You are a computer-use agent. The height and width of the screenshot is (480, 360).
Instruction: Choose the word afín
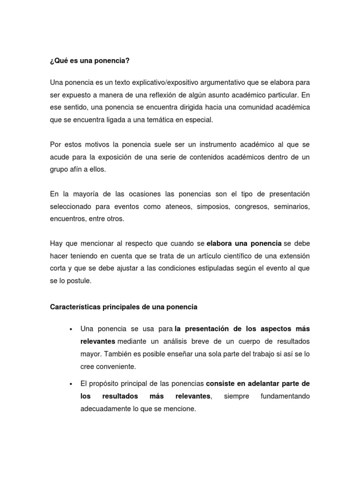click(x=78, y=169)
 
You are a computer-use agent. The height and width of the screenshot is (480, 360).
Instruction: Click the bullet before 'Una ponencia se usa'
click(x=70, y=329)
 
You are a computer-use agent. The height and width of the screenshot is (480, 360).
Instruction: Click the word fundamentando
click(x=285, y=396)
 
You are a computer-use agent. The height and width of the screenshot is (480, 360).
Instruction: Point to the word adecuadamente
click(x=105, y=408)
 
